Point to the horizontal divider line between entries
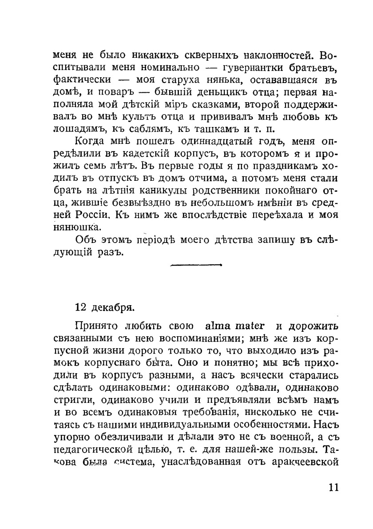tap(196, 266)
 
